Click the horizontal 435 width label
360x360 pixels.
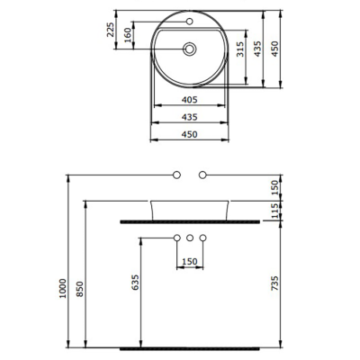(189, 118)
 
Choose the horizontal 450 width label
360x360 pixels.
(189, 134)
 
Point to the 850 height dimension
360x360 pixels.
(80, 289)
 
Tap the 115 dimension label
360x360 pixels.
(275, 210)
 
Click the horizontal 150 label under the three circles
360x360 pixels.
(190, 262)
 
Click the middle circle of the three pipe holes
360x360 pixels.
(190, 238)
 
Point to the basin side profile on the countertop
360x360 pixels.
(190, 208)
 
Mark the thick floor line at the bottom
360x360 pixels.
(190, 346)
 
